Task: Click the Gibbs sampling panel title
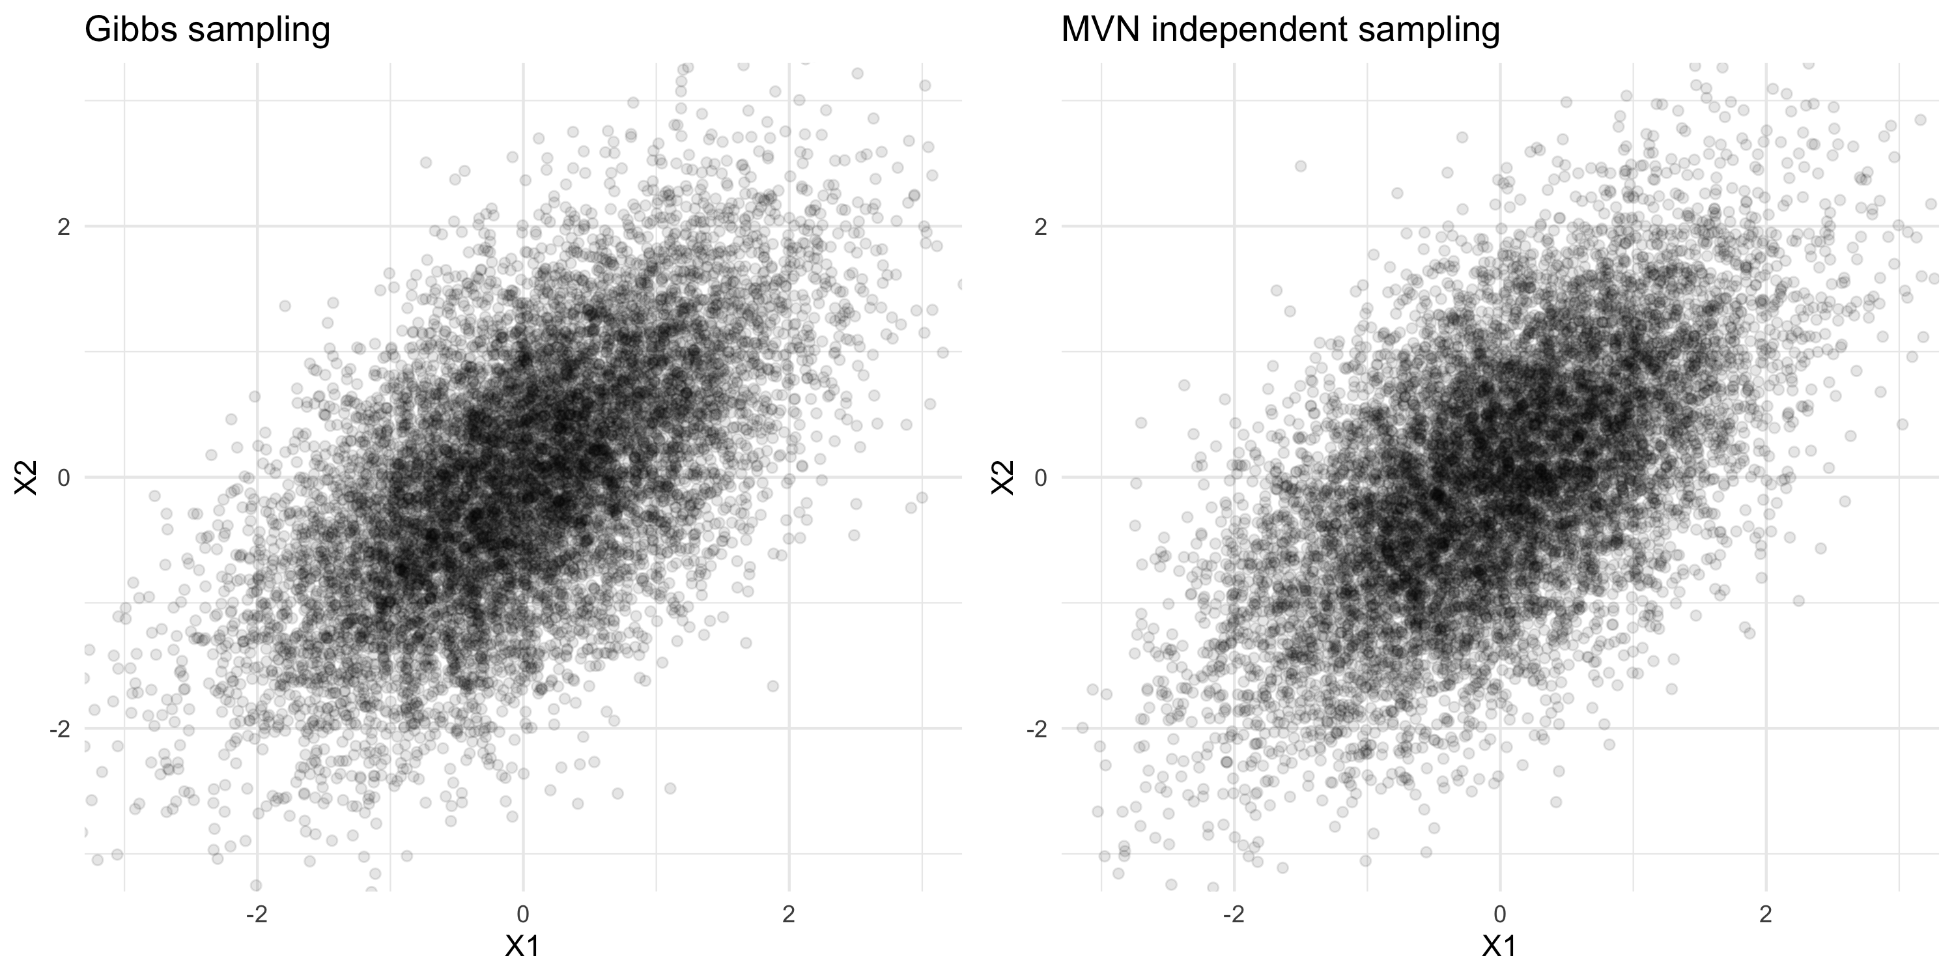[x=207, y=31]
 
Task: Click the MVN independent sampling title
[x=1281, y=31]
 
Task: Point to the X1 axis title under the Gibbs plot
[x=522, y=946]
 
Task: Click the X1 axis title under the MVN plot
[x=1499, y=946]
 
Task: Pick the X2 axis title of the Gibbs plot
[x=27, y=477]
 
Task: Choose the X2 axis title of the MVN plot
[x=1004, y=477]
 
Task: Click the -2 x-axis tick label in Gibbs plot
[x=257, y=915]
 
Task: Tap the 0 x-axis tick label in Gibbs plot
[x=522, y=915]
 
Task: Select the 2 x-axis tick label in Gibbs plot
[x=789, y=915]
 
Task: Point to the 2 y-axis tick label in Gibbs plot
[x=64, y=226]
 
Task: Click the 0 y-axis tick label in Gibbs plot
[x=64, y=478]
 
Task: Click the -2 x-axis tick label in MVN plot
[x=1234, y=915]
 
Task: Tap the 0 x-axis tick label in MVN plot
[x=1499, y=915]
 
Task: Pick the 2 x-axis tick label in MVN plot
[x=1766, y=915]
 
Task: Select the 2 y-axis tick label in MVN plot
[x=1041, y=226]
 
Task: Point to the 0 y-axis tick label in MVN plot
[x=1041, y=478]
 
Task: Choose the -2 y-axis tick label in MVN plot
[x=1036, y=729]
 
